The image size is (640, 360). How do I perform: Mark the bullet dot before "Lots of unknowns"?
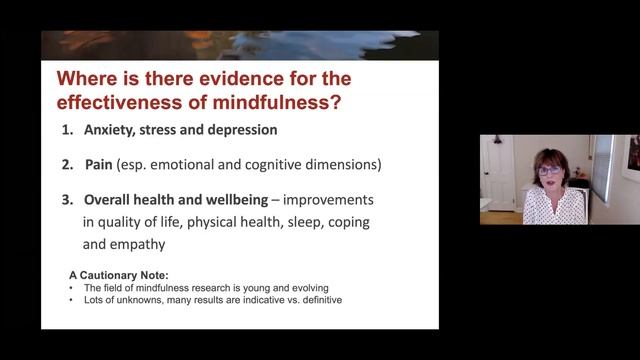[x=72, y=297]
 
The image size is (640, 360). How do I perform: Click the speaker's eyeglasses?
[x=551, y=172]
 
